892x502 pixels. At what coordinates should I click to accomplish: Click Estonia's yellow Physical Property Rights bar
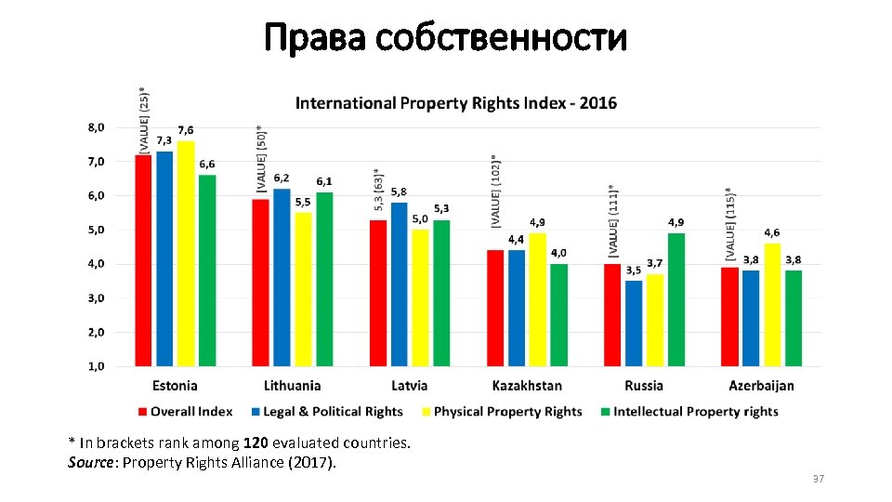(186, 253)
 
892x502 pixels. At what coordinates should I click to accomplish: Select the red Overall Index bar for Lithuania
(261, 282)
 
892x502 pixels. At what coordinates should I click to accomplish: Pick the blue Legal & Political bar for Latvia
(399, 284)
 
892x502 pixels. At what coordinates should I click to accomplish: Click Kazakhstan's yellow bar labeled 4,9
(537, 299)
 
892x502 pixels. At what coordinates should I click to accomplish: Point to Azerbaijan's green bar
(793, 317)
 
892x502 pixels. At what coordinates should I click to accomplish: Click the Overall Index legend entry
(185, 412)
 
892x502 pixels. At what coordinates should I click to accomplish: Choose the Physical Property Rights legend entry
(501, 412)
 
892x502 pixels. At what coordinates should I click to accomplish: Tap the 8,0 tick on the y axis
(97, 127)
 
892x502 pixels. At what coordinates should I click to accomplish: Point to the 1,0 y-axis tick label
(97, 366)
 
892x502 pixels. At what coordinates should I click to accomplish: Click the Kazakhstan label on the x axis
(527, 386)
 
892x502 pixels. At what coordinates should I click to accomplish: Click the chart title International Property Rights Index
(455, 103)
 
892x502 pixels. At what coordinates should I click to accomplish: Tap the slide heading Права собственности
(445, 39)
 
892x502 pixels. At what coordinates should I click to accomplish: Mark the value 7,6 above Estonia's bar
(186, 130)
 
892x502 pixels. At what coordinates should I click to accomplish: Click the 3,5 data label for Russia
(634, 271)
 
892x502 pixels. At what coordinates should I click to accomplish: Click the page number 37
(818, 479)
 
